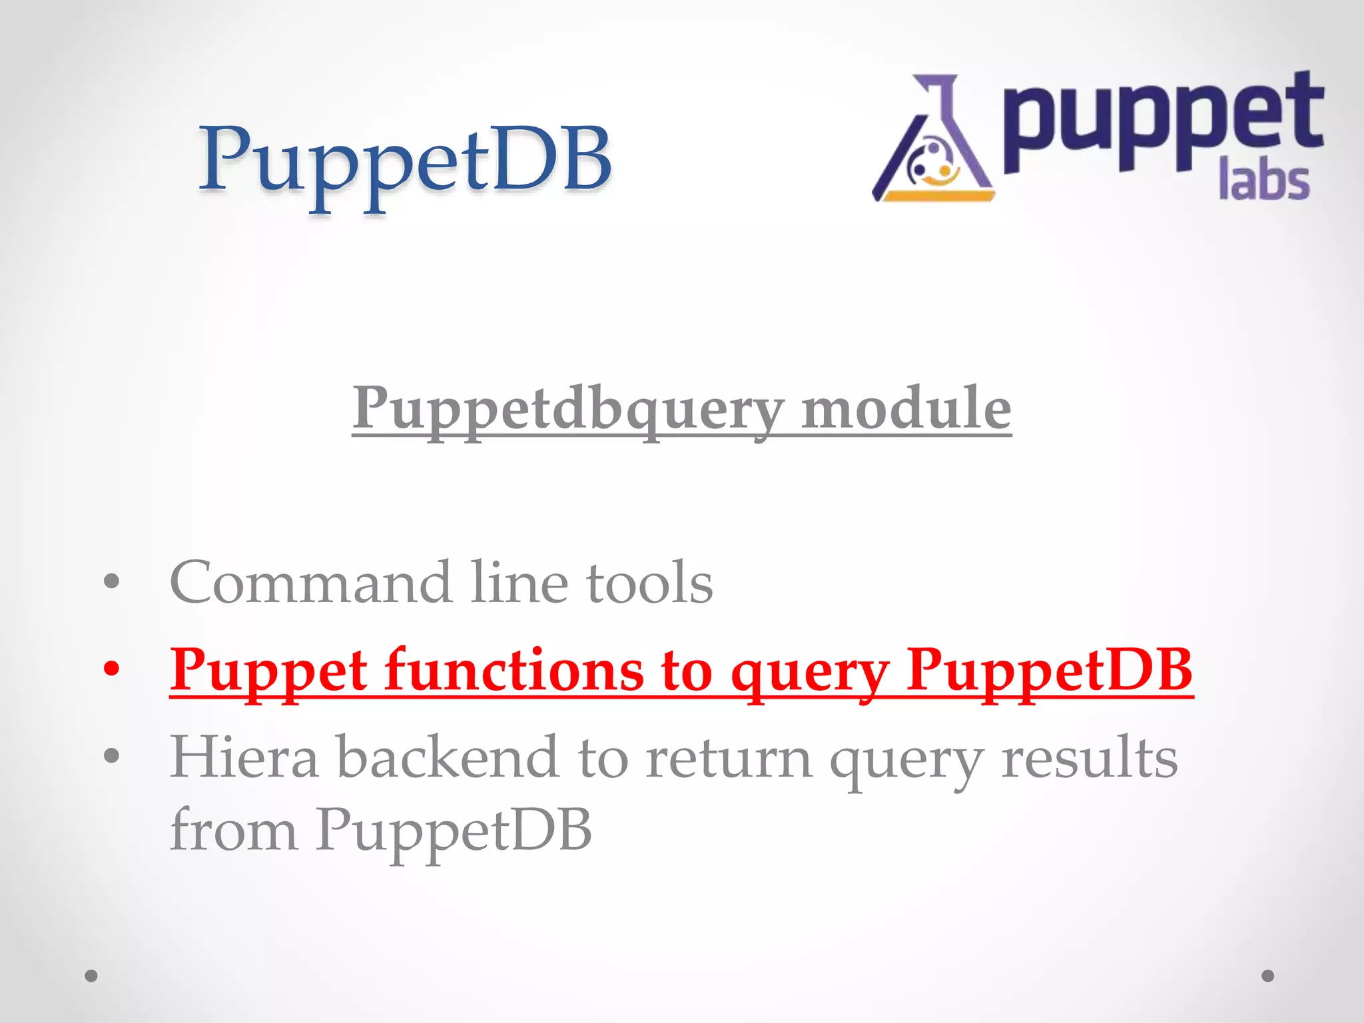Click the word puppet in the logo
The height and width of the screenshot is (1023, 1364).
1162,123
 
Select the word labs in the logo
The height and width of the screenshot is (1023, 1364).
1263,181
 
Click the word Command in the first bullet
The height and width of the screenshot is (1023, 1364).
310,583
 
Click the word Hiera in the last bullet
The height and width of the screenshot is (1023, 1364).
244,757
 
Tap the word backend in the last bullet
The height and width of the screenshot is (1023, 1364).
447,757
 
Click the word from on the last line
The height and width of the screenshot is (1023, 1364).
233,831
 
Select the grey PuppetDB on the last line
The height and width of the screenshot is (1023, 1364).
454,831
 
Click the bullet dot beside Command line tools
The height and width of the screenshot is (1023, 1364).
111,581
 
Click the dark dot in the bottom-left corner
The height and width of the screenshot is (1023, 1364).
91,976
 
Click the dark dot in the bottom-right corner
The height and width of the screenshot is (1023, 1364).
1268,976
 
